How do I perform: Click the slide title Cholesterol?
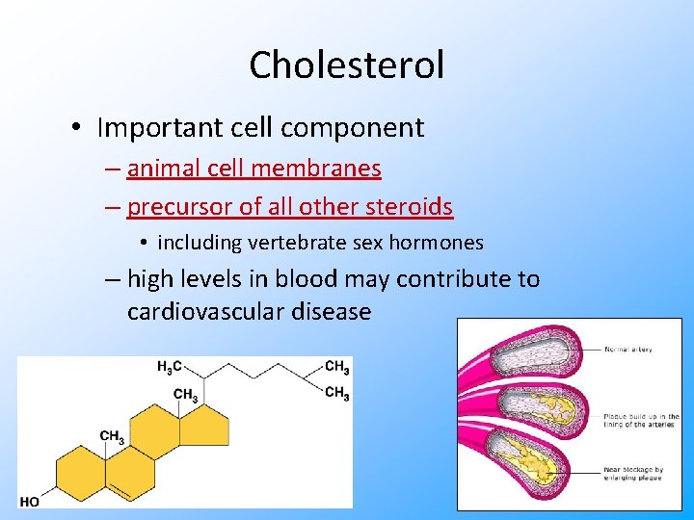(347, 65)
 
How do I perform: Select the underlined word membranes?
(316, 169)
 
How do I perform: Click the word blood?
(307, 279)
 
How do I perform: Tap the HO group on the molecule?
(29, 502)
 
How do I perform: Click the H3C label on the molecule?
(169, 366)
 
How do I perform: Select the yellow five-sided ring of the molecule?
(205, 425)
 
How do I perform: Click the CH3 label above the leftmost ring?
(112, 437)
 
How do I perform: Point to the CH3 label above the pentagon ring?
(185, 394)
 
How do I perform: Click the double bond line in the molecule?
(121, 491)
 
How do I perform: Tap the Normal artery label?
(628, 350)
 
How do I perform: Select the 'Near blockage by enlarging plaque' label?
(634, 474)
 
